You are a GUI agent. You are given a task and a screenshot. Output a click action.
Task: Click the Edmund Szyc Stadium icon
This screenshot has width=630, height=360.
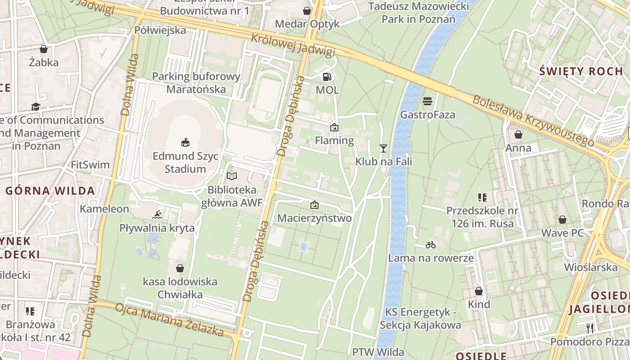[x=185, y=142]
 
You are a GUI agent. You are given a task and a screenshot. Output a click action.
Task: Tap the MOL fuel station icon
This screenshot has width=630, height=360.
[x=327, y=77]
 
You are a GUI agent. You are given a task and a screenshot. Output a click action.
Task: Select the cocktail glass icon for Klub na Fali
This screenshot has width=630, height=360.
[x=383, y=148]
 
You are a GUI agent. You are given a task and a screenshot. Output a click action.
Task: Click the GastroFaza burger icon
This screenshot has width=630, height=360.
[x=427, y=101]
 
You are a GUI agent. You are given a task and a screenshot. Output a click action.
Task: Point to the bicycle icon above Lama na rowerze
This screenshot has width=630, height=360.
[x=431, y=245]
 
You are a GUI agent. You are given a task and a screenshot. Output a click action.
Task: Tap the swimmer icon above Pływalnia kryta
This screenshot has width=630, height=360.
[x=157, y=215]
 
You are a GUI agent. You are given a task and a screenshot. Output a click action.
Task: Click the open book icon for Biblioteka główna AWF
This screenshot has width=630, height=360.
[x=232, y=176]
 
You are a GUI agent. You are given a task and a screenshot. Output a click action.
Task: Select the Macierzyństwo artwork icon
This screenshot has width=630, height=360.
[x=315, y=205]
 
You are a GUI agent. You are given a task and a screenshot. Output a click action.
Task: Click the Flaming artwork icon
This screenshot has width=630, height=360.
[x=334, y=127]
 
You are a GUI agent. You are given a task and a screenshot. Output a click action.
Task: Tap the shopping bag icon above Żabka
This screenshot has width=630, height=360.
[x=44, y=49]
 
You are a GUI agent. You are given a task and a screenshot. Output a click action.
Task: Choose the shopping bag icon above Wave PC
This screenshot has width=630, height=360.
[x=562, y=220]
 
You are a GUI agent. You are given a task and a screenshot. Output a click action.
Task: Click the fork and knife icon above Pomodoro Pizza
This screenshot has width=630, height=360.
[x=590, y=328]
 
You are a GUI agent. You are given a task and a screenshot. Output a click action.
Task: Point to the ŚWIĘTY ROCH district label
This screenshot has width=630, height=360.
[x=581, y=71]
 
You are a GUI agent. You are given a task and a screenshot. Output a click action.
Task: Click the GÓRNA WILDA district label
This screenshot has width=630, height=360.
[x=50, y=190]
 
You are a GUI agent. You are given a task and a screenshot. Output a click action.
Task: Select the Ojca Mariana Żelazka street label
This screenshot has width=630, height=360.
[x=170, y=320]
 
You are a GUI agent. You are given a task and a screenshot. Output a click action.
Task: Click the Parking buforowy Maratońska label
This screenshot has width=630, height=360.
[x=196, y=83]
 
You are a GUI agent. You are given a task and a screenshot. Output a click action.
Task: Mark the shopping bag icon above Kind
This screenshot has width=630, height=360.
[x=479, y=291]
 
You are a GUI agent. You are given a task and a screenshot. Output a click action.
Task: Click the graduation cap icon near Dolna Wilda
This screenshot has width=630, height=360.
[x=36, y=107]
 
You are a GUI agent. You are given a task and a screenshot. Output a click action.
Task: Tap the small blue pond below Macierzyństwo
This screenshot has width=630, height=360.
[x=304, y=247]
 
